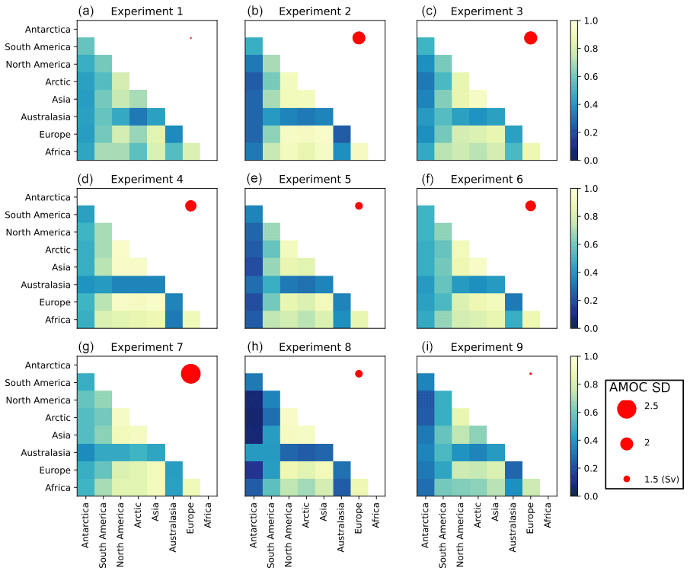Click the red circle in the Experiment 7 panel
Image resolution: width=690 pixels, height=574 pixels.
[190, 374]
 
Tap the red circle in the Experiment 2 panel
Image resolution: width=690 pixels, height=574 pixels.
[359, 38]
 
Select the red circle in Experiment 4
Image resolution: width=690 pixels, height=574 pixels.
[190, 206]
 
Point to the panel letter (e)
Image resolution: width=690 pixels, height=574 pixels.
[257, 180]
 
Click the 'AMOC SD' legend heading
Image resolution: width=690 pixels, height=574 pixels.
[640, 387]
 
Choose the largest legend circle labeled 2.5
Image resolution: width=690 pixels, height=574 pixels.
[627, 409]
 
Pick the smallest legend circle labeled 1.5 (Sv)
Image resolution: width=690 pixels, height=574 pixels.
[627, 479]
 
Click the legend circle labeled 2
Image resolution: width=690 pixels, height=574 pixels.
[627, 444]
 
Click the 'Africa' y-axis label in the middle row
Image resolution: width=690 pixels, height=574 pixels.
[59, 320]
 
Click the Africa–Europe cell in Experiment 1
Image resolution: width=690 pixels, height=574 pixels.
[190, 151]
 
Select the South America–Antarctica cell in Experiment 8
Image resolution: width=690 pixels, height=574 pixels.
[254, 383]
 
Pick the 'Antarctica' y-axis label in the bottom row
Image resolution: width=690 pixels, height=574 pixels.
[49, 365]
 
